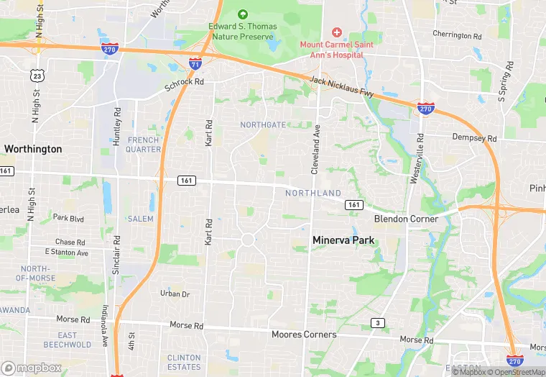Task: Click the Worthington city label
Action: pyautogui.click(x=33, y=149)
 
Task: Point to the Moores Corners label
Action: pyautogui.click(x=304, y=335)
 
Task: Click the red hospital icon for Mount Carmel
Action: pyautogui.click(x=336, y=33)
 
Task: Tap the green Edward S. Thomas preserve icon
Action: pyautogui.click(x=242, y=14)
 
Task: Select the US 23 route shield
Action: pyautogui.click(x=38, y=75)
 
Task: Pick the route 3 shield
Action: pyautogui.click(x=376, y=323)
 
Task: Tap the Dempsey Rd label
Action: pyautogui.click(x=474, y=137)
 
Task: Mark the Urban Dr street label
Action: pyautogui.click(x=175, y=294)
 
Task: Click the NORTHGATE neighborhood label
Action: pyautogui.click(x=262, y=125)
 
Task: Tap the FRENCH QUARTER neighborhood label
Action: pyautogui.click(x=143, y=145)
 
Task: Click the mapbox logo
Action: pyautogui.click(x=32, y=368)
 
